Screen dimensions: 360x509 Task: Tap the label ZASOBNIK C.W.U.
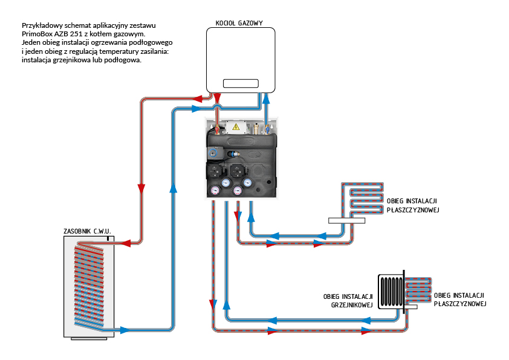coord(88,231)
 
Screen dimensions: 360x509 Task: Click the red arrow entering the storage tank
coord(126,244)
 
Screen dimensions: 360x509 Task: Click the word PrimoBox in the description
coord(35,34)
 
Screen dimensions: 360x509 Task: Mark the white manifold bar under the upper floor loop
coord(347,221)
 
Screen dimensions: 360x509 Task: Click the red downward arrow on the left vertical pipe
coord(141,188)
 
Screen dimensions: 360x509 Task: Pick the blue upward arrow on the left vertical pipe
coord(173,188)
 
